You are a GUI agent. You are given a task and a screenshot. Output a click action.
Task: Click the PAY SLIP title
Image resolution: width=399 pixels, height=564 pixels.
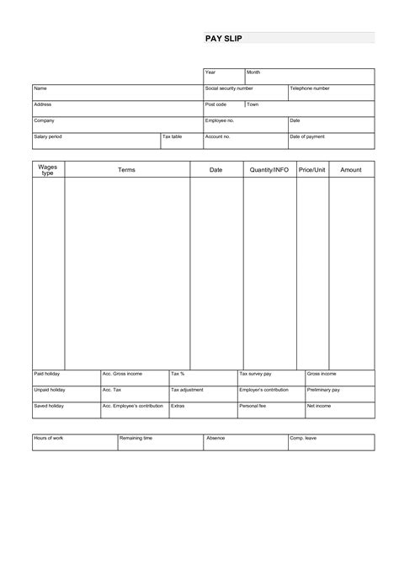coord(223,39)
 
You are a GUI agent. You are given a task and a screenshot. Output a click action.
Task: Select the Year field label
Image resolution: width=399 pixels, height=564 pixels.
coord(210,72)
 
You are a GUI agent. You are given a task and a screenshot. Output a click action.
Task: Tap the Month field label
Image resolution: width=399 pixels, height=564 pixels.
coord(253,72)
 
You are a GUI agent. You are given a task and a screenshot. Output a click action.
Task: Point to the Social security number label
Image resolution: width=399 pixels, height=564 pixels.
coord(229,88)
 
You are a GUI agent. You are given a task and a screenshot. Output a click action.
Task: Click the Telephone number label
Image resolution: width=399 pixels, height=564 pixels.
coord(310,88)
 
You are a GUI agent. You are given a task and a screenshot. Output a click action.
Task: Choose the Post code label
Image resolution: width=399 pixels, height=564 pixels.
coord(215,104)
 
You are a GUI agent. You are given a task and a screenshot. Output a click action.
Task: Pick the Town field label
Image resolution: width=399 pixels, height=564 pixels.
coord(253,104)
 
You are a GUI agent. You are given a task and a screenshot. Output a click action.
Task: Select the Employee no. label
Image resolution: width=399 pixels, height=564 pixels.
coord(220,120)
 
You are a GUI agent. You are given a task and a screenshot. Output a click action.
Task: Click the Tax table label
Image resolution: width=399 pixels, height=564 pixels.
coord(172,136)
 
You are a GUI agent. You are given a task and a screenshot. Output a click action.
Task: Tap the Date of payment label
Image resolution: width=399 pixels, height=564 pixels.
coord(307,136)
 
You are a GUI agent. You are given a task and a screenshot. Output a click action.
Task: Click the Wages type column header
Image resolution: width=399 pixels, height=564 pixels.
coord(48,170)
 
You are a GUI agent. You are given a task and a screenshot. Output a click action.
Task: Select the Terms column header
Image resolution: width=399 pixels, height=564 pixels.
coord(126,170)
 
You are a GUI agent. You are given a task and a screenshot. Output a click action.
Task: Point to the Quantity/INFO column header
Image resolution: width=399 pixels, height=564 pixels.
coord(269,170)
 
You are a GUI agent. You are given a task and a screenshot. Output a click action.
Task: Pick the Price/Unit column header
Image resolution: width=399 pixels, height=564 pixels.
coord(312,170)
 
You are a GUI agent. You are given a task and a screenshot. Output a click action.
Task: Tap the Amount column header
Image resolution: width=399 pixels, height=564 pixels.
coord(351,170)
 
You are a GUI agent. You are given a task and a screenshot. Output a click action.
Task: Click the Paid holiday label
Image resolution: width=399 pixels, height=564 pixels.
coord(47,373)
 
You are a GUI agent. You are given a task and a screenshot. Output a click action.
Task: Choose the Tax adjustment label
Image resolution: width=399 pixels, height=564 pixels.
coord(187,390)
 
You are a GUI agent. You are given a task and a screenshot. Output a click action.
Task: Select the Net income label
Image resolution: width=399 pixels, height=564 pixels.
coord(319,406)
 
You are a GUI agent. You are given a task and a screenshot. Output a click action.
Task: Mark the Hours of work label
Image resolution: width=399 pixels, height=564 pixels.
coord(50,439)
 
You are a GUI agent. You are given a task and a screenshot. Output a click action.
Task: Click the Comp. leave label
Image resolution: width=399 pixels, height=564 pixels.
coord(303,439)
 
